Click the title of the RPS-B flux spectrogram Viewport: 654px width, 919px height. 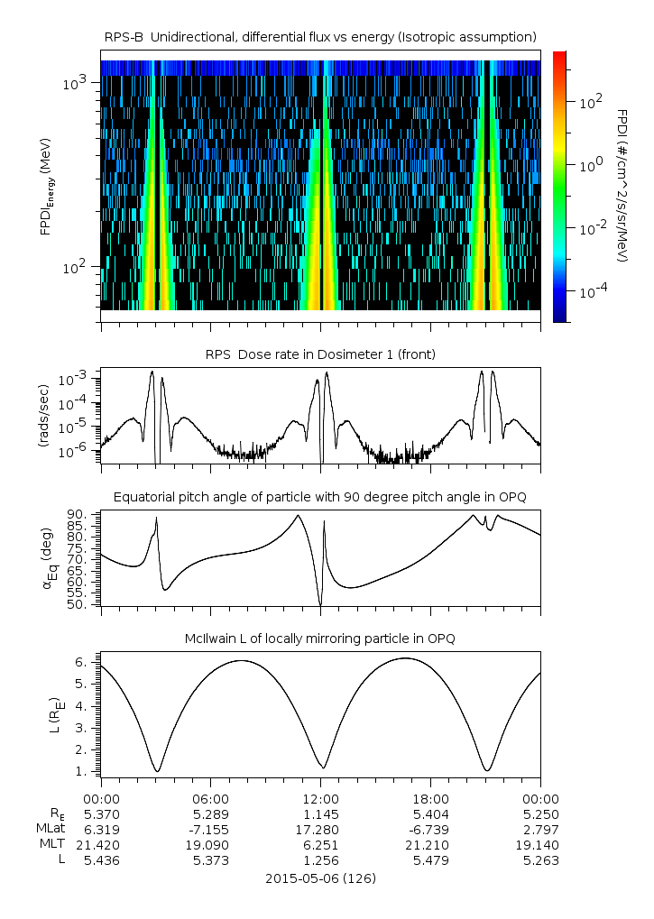pyautogui.click(x=320, y=36)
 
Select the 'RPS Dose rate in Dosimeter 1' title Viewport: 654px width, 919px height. pyautogui.click(x=320, y=354)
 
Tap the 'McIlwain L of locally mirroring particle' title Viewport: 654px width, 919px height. pyautogui.click(x=320, y=639)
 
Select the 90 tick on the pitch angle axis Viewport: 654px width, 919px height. pyautogui.click(x=78, y=514)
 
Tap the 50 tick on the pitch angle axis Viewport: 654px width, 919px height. pyautogui.click(x=78, y=604)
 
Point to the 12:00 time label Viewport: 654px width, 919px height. pyautogui.click(x=320, y=798)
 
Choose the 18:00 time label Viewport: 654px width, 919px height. pyautogui.click(x=430, y=798)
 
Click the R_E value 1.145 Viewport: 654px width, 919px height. pyautogui.click(x=320, y=813)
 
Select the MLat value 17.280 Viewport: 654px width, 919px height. pyautogui.click(x=320, y=829)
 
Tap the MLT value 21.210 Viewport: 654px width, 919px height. pyautogui.click(x=430, y=844)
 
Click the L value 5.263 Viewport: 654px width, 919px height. pyautogui.click(x=540, y=859)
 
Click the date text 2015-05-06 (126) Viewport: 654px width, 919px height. pyautogui.click(x=320, y=878)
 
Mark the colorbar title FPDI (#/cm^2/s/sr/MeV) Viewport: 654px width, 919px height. pyautogui.click(x=622, y=185)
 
